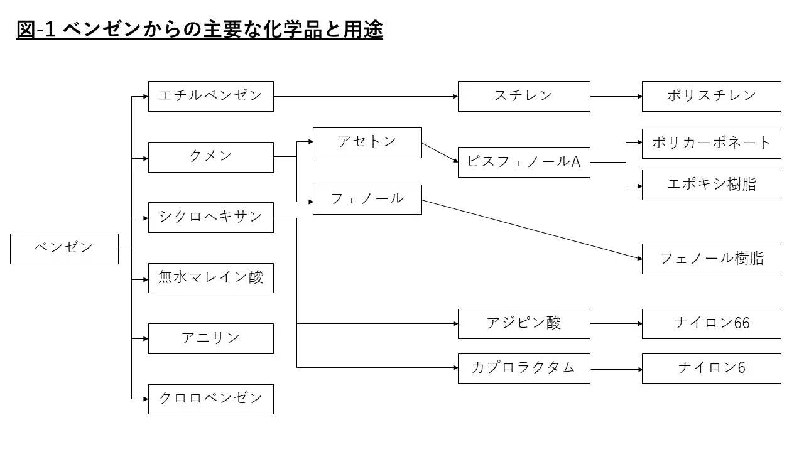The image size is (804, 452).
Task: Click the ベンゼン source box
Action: tap(64, 249)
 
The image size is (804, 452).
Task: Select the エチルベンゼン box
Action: tap(210, 96)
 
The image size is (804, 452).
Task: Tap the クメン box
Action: tap(210, 157)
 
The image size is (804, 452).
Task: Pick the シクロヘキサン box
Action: tap(210, 217)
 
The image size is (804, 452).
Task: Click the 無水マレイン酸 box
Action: tap(210, 278)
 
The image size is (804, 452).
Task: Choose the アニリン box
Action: tap(210, 338)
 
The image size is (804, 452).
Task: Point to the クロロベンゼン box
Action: tap(210, 399)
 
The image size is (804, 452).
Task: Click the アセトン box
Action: tap(367, 143)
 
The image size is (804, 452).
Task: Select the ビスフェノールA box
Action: tap(524, 162)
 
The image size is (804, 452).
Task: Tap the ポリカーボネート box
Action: tap(712, 144)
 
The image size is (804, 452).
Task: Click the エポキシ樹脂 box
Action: tap(712, 185)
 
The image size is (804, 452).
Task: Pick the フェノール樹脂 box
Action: tap(712, 259)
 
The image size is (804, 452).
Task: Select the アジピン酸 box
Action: tap(524, 324)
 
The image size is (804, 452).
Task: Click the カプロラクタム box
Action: tap(524, 369)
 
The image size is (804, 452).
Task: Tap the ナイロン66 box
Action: tap(712, 324)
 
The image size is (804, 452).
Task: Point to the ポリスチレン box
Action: tap(712, 96)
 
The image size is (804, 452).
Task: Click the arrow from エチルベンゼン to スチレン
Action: tap(366, 96)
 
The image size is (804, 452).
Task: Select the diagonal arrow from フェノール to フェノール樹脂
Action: tap(532, 230)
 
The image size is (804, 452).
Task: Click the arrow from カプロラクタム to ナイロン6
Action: tap(616, 369)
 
